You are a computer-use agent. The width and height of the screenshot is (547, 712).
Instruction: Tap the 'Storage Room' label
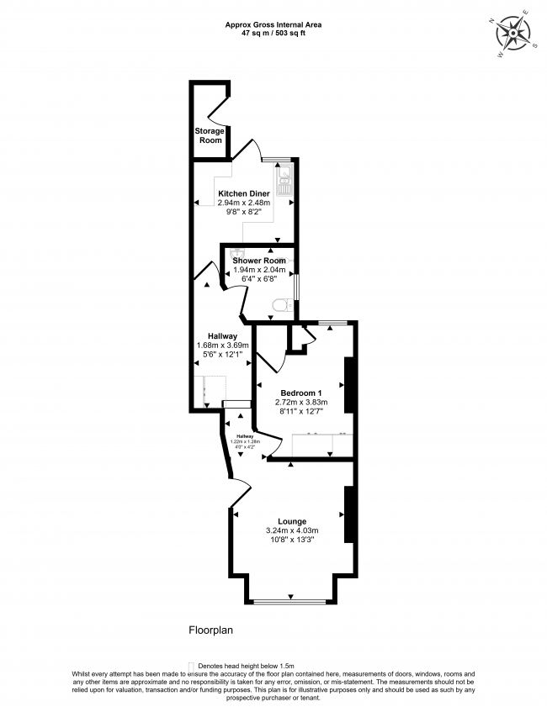point(210,135)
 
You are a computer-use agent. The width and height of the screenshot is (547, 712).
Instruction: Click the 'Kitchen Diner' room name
point(244,193)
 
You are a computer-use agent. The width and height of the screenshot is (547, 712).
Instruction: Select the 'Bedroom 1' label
point(301,393)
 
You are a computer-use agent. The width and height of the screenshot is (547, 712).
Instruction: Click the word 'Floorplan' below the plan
point(210,629)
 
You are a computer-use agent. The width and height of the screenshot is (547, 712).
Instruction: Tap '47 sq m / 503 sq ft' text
point(273,34)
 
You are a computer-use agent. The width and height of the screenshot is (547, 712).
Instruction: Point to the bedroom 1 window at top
point(332,322)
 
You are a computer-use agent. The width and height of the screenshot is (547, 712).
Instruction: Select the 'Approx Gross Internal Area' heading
point(273,24)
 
